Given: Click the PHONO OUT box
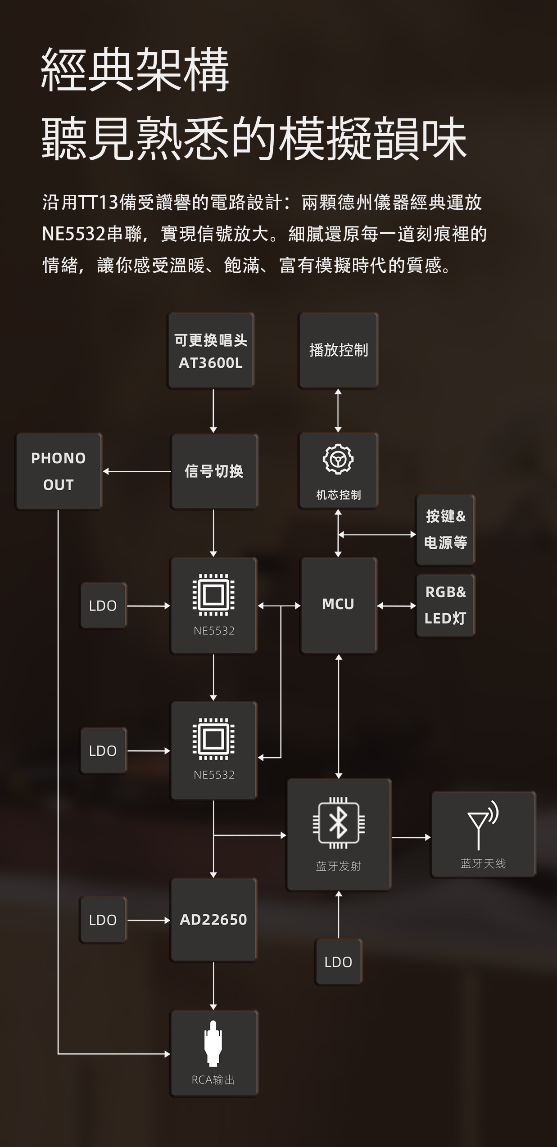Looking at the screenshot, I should tap(59, 471).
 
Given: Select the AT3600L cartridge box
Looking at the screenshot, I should tap(211, 351).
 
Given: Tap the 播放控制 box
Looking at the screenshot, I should tap(339, 350).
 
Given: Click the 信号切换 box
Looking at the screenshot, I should tap(214, 471).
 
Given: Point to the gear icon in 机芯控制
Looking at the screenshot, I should tap(338, 459).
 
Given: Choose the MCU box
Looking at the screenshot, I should tap(338, 605).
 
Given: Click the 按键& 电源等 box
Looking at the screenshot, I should tap(445, 529).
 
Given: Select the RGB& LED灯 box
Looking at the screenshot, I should tap(445, 605).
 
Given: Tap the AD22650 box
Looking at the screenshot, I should tap(213, 919).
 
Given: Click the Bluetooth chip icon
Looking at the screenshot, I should tap(339, 823).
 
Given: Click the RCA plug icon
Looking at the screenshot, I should tap(213, 1043).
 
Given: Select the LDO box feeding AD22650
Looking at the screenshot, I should tap(103, 920).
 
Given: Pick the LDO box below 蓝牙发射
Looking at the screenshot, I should tap(338, 962).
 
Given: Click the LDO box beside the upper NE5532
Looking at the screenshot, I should tap(103, 605).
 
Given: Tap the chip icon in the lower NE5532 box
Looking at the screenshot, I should tap(213, 739).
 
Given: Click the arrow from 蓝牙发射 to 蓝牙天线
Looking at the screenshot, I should tap(411, 837).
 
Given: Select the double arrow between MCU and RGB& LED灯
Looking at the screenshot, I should tap(396, 606).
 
